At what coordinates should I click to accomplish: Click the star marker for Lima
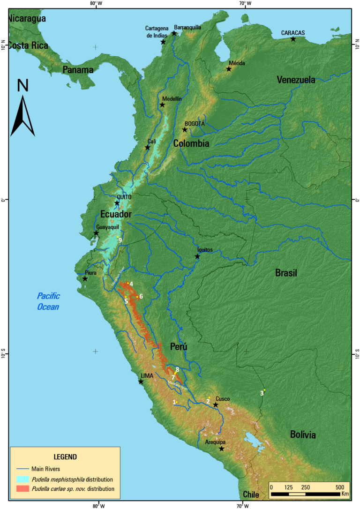tap(141, 382)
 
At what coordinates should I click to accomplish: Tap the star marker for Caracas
tap(293, 39)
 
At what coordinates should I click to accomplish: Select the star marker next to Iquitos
tap(197, 256)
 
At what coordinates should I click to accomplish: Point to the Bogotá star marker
tap(185, 130)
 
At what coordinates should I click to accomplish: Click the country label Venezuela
tap(296, 80)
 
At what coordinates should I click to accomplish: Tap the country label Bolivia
tap(302, 435)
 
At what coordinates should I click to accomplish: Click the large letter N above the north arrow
tap(23, 86)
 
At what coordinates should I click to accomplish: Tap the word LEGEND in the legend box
tap(65, 457)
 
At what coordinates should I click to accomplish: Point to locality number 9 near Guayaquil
tap(120, 240)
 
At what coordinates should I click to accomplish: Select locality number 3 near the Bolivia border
tap(262, 393)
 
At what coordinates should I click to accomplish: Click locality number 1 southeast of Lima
tap(174, 402)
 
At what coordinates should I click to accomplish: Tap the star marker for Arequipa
tap(222, 449)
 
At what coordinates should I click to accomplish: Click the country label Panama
tap(78, 70)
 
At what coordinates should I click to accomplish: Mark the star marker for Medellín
tap(162, 105)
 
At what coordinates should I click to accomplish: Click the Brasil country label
tap(286, 273)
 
